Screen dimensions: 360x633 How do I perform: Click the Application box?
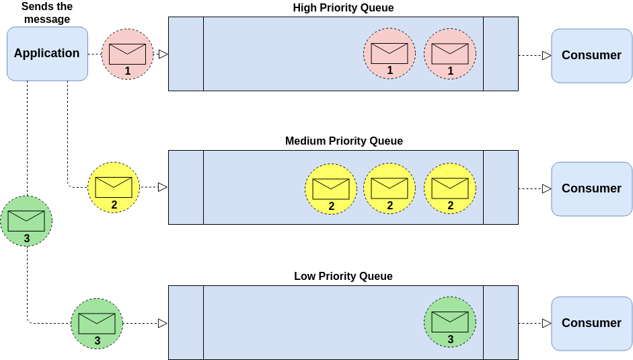pos(47,54)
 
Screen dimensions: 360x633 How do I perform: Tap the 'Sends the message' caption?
pos(47,13)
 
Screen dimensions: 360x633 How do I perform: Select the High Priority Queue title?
pos(343,8)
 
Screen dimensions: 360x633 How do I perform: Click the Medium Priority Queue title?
pos(344,141)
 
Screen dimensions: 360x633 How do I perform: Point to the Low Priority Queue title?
pos(343,277)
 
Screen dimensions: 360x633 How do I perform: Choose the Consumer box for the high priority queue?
pos(591,55)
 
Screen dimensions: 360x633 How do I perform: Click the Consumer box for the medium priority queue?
pos(591,188)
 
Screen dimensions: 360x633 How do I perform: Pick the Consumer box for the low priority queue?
pos(591,323)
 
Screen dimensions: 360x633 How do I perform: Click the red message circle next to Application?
pos(128,54)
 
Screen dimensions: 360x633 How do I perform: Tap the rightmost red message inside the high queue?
pos(450,54)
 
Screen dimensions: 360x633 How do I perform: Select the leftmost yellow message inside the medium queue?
pos(331,189)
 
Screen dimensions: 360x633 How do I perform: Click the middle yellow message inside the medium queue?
pos(389,189)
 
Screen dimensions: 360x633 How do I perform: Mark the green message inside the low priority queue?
pos(450,322)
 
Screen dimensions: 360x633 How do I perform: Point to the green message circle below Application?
pos(26,221)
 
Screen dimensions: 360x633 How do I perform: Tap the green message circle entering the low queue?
pos(97,324)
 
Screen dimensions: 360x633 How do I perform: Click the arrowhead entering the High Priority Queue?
pos(163,54)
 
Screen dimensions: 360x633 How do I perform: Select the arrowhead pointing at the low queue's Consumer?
pos(546,323)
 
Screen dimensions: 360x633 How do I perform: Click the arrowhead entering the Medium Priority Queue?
pos(162,187)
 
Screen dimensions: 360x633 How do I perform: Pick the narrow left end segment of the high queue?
pos(186,54)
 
